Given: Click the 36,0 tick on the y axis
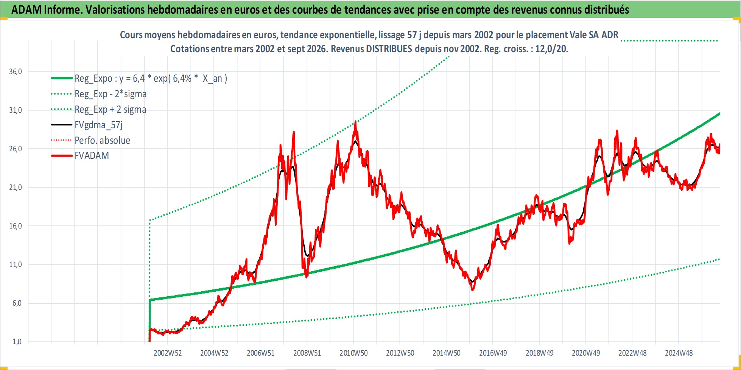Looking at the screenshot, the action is click(x=16, y=72).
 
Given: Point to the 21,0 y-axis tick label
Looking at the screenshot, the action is click(x=16, y=187).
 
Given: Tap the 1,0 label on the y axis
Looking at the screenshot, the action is click(x=17, y=342).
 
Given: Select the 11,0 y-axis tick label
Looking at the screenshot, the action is click(x=16, y=264).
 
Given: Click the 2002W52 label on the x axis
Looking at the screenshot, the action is click(x=168, y=353).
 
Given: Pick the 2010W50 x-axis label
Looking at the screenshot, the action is click(x=353, y=353).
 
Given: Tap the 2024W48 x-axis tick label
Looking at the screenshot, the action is click(x=679, y=353).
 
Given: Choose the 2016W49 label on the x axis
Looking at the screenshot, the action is click(x=493, y=353).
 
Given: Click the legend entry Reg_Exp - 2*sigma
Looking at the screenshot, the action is click(x=111, y=94).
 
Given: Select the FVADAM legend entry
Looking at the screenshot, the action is click(x=92, y=155).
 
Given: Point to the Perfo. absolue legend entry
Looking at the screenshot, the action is click(x=102, y=140).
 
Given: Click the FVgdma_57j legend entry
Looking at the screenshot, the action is click(x=98, y=125).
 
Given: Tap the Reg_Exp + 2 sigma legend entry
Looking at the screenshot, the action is click(x=110, y=109).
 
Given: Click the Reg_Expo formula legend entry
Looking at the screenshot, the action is click(x=151, y=78).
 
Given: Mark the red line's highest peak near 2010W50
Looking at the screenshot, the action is click(x=355, y=121).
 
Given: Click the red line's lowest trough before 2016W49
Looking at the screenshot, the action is click(x=472, y=290).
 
